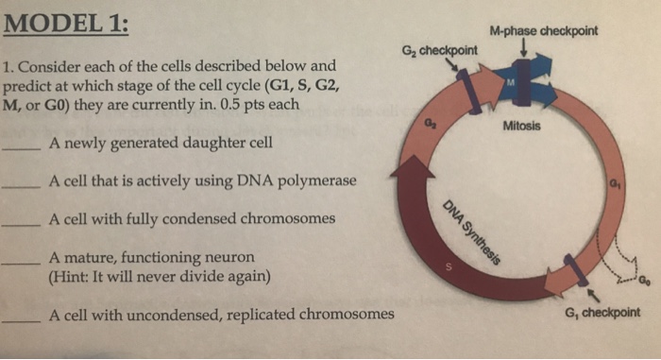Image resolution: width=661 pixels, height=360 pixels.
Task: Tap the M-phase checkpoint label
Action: pyautogui.click(x=551, y=30)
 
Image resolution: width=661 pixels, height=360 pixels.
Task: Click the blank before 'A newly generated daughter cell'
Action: pyautogui.click(x=21, y=150)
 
